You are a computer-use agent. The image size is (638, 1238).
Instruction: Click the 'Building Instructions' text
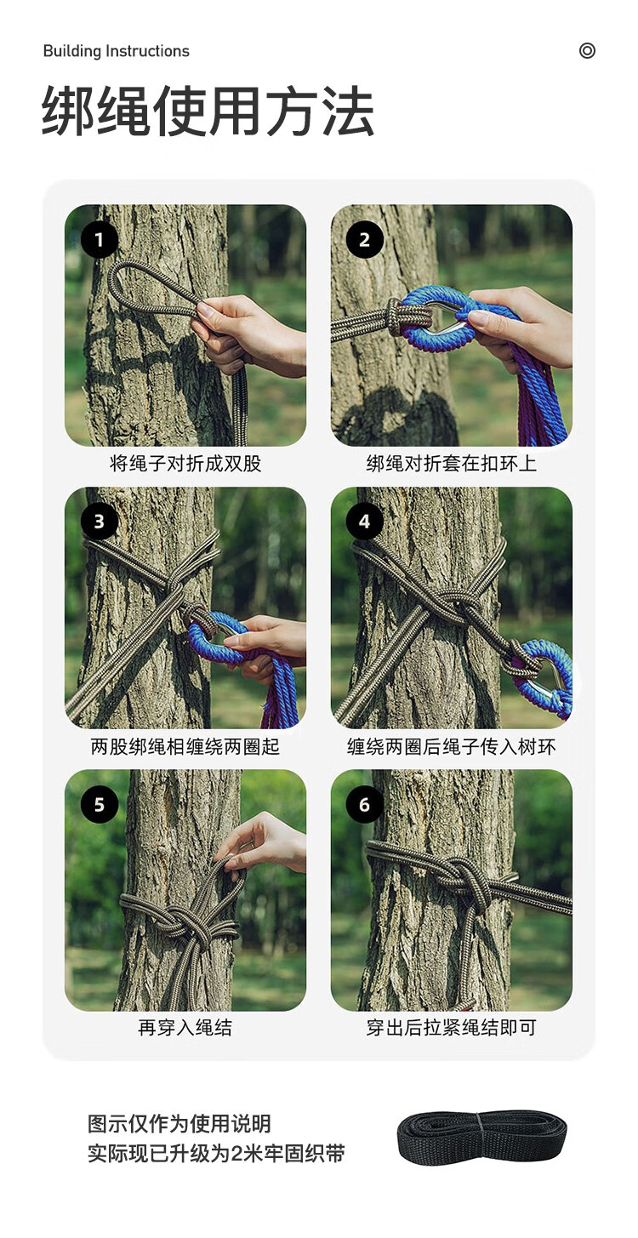point(116,51)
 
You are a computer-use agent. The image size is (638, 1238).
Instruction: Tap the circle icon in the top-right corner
point(587,51)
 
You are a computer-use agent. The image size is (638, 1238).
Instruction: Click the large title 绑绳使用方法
point(208,111)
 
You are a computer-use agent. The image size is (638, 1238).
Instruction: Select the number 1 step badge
point(100,239)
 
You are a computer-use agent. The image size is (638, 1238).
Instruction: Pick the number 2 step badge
point(365,239)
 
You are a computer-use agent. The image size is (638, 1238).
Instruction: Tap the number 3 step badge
point(100,522)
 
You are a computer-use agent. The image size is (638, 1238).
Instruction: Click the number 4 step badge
point(365,522)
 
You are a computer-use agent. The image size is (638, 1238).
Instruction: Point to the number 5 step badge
point(100,804)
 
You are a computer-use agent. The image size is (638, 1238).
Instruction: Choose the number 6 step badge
point(365,804)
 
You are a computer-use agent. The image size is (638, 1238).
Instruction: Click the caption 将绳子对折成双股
point(185,463)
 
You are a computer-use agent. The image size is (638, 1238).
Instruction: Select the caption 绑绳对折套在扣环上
point(452,463)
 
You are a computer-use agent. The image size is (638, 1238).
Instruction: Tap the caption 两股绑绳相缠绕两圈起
point(185,746)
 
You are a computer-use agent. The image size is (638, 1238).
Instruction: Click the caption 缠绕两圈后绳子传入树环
point(452,746)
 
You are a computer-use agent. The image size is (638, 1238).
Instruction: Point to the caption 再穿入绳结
point(185,1028)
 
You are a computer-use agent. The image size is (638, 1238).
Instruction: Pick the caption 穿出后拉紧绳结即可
point(452,1028)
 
